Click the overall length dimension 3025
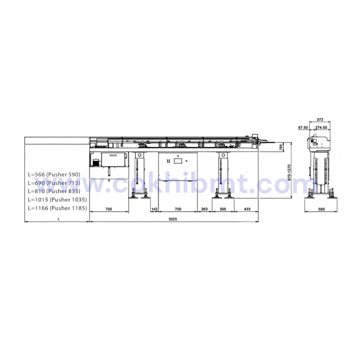pyautogui.click(x=173, y=219)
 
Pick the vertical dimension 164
pyautogui.click(x=281, y=147)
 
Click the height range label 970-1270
pyautogui.click(x=289, y=172)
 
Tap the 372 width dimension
pyautogui.click(x=320, y=119)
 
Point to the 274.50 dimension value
pyautogui.click(x=321, y=127)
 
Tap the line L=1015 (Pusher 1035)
pyautogui.click(x=56, y=200)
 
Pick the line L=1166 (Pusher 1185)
pyautogui.click(x=56, y=208)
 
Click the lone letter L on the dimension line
pyautogui.click(x=58, y=219)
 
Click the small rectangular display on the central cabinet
pyautogui.click(x=178, y=161)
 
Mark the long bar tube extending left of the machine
pyautogui.click(x=56, y=141)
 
